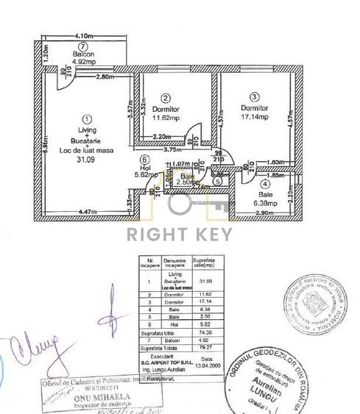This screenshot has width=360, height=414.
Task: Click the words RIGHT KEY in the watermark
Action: click(x=180, y=235)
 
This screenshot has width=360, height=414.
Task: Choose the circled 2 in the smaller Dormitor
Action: click(x=166, y=98)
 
